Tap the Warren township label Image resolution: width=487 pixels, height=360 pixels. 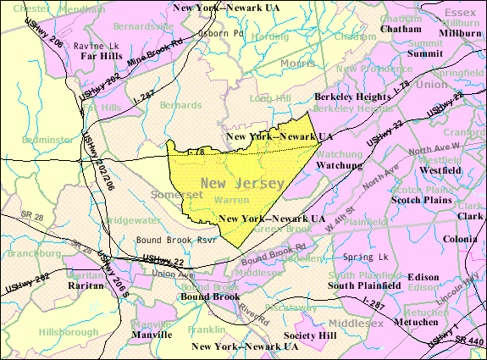[231, 201]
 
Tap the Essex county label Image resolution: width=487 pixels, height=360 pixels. [461, 13]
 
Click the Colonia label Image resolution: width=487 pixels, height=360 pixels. [460, 239]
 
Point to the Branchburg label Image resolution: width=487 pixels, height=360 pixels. [30, 253]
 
